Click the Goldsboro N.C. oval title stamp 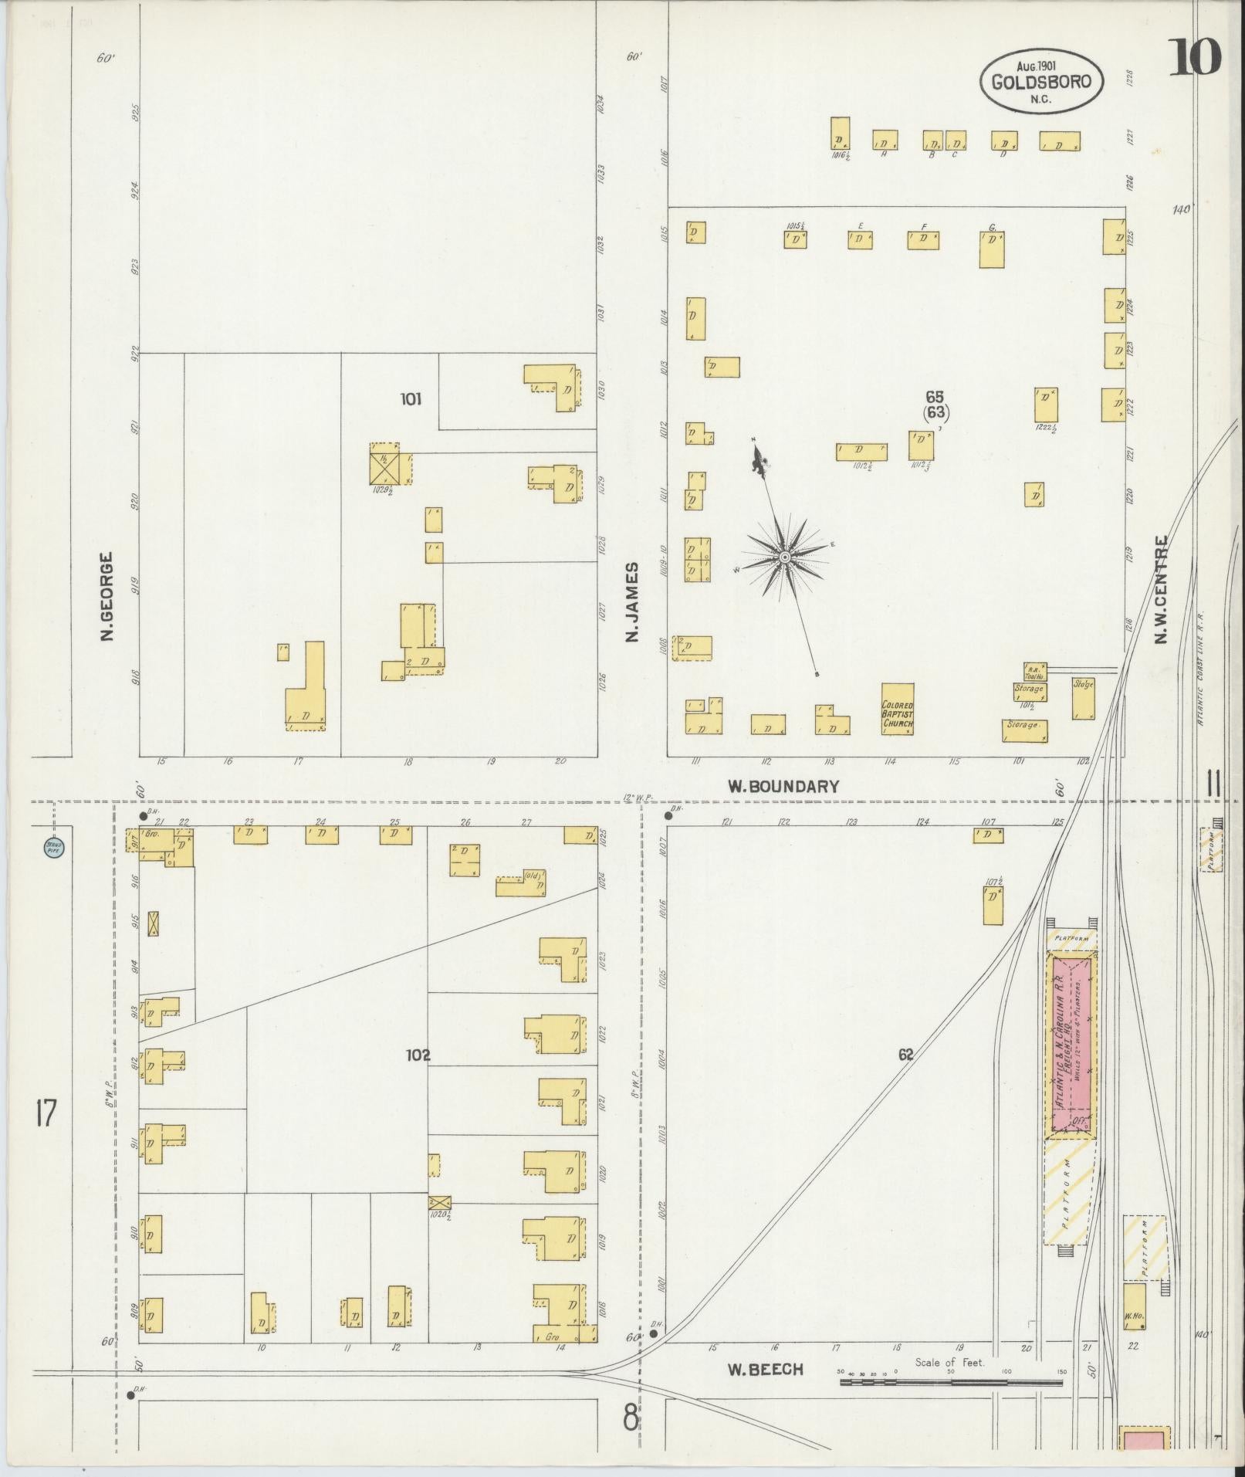pos(1041,80)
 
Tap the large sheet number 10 pos(1194,59)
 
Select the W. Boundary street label pos(783,787)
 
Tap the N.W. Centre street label pos(1160,589)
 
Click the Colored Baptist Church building pos(898,708)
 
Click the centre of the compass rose pos(784,557)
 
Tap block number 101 pos(411,399)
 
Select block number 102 pos(418,1055)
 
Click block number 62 pos(905,1053)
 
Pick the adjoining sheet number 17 pos(46,1114)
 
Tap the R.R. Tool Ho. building pos(1034,670)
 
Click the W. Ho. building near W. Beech pos(1133,1306)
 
